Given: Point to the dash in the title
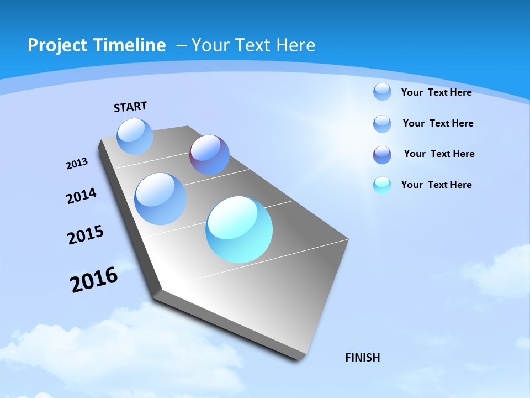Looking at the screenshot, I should click(181, 45).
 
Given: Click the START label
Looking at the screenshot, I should click(130, 107).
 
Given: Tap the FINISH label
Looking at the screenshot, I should click(362, 358).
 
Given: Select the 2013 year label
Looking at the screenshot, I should click(77, 164).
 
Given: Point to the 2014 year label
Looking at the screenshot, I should click(82, 196).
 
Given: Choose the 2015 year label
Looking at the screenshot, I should click(86, 234).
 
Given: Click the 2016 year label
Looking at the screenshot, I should click(94, 279).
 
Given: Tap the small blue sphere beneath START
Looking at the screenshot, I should click(135, 136).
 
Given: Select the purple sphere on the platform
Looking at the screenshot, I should click(209, 155).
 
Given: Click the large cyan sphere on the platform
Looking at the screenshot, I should click(239, 229).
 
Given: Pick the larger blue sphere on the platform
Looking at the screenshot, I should click(160, 198).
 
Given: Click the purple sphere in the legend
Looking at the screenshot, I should click(382, 155).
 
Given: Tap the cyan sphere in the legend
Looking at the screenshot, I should click(382, 185).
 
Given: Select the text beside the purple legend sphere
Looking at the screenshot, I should click(439, 154).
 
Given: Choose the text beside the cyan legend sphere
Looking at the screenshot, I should click(436, 185).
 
